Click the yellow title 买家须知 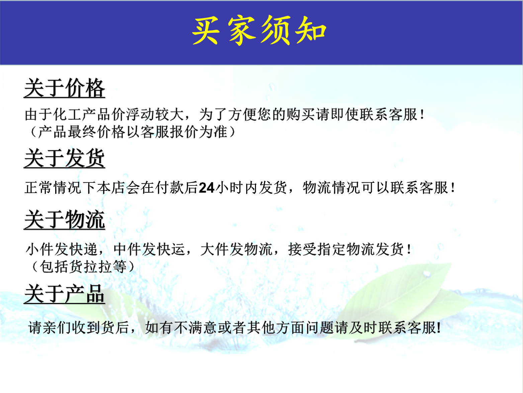(259, 30)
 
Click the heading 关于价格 (65, 88)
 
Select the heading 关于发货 (65, 158)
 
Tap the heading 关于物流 (65, 220)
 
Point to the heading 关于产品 (65, 294)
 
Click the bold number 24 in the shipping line (206, 188)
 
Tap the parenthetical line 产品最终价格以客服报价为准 (132, 132)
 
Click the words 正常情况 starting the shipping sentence (53, 188)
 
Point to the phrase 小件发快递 (61, 249)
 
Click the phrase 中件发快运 (149, 249)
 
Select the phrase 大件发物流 (236, 249)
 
